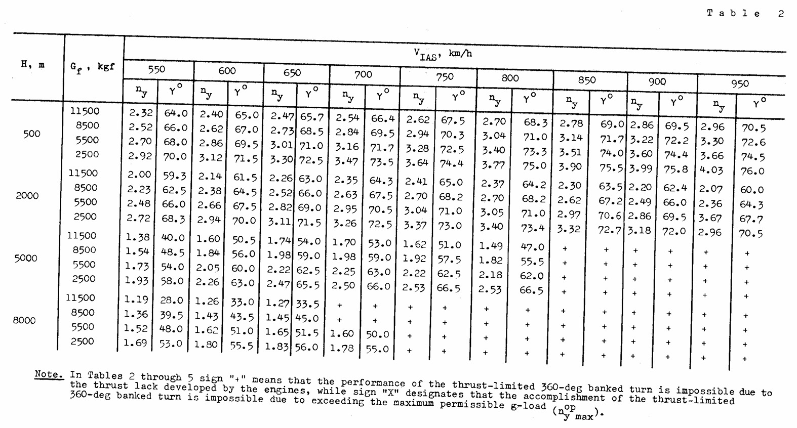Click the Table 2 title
tap(745, 14)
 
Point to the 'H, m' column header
tap(32, 65)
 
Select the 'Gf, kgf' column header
tap(92, 67)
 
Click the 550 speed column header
tap(156, 69)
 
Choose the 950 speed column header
tap(739, 83)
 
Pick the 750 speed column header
tap(444, 76)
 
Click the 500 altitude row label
tap(31, 134)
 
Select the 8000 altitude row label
tap(24, 320)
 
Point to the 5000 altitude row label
tap(26, 259)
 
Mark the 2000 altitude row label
tap(27, 196)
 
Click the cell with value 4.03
tap(711, 170)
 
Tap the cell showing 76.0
tap(752, 172)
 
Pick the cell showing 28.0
tap(172, 300)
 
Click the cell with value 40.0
tap(172, 237)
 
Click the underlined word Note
tap(49, 375)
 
